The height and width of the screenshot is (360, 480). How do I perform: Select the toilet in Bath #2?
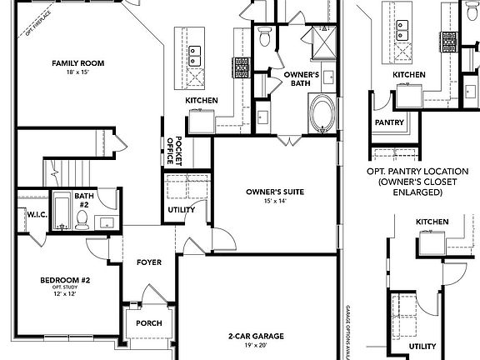(x=82, y=219)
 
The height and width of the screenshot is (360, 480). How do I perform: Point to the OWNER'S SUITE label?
(x=274, y=192)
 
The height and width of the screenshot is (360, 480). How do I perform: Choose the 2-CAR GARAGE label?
(x=256, y=336)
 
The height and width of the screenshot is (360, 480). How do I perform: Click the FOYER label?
(x=149, y=262)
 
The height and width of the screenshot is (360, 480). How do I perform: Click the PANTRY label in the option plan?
(x=389, y=122)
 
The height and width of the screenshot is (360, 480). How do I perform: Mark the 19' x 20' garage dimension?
(x=256, y=345)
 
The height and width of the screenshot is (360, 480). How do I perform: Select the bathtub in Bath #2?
(x=61, y=212)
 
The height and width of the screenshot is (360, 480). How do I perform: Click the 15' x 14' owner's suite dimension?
(x=274, y=201)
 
